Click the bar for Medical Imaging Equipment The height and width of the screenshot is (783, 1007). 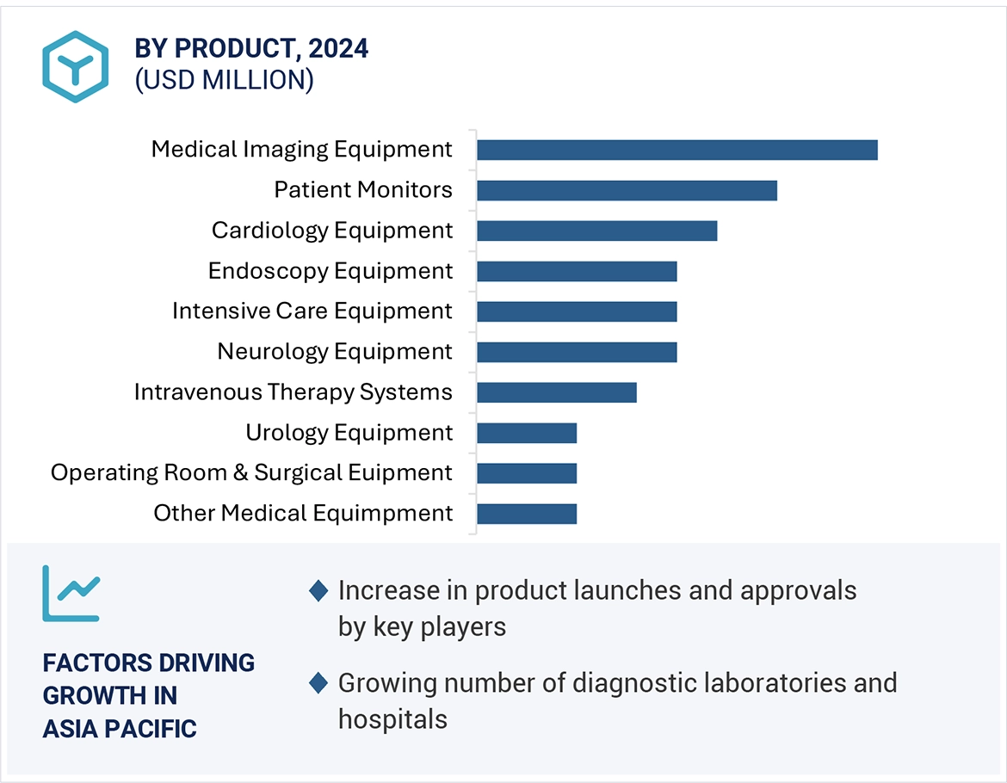coord(676,150)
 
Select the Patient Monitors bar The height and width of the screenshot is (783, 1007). coord(627,190)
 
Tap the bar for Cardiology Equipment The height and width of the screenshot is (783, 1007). coord(596,231)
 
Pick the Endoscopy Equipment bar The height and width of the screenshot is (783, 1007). coord(577,271)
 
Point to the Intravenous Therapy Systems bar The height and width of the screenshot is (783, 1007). coord(556,392)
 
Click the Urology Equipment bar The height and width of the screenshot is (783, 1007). coord(526,433)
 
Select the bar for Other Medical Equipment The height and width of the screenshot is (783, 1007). coord(526,514)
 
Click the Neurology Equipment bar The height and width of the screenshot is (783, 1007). coord(577,352)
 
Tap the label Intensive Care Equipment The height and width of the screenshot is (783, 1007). coord(312,311)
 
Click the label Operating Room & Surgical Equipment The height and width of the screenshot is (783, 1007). coord(251,472)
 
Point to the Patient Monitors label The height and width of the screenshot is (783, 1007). coord(362,189)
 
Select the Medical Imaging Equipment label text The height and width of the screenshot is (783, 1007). coord(301,149)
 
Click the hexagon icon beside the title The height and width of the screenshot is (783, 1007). coord(76,66)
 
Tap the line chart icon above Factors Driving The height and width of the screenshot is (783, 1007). coord(71,594)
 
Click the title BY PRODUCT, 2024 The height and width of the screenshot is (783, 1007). coord(251,49)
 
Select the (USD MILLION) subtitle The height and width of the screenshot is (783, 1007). coord(224,80)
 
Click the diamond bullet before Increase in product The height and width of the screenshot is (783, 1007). coord(318,591)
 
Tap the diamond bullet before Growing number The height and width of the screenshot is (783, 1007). coord(318,683)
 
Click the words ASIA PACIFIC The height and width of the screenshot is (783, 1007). coord(120,728)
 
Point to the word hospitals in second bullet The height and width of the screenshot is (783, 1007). coord(392,718)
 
